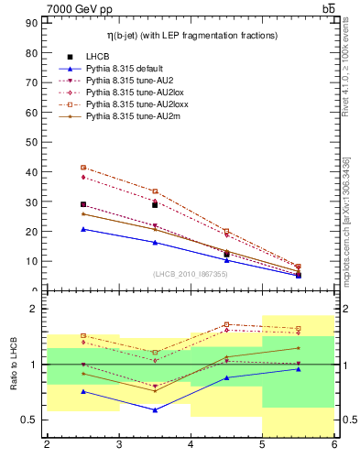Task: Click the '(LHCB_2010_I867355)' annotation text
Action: (191, 274)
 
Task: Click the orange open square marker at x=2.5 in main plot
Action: (83, 168)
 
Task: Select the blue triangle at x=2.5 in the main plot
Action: (83, 229)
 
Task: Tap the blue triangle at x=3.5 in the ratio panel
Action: (155, 409)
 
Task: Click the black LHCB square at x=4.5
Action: (226, 254)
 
